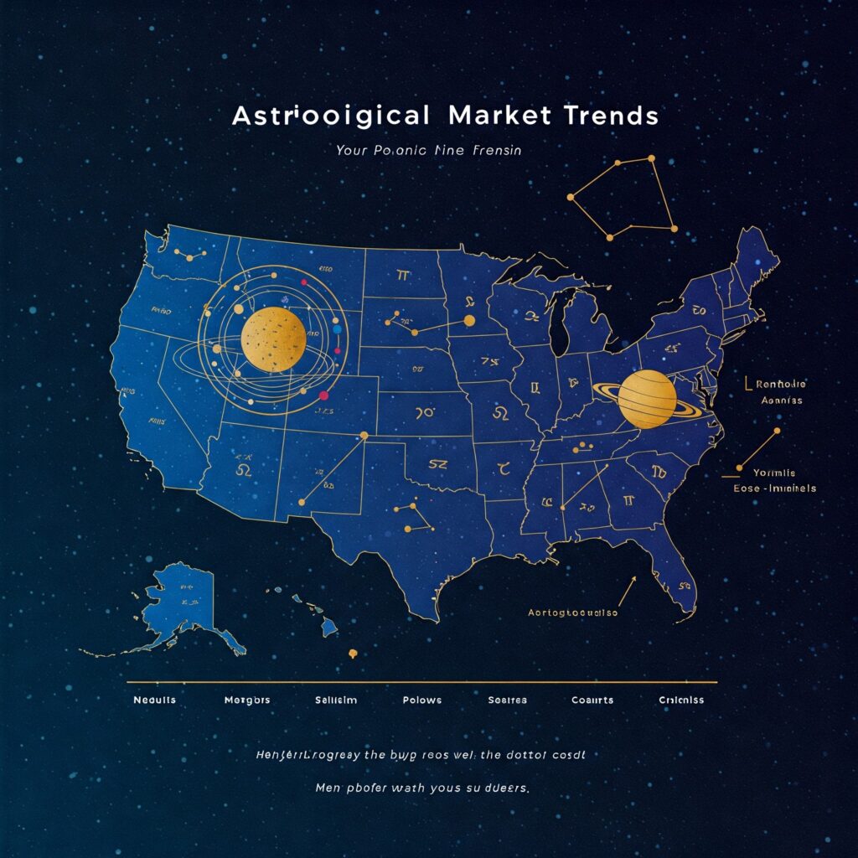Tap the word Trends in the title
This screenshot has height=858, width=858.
point(605,116)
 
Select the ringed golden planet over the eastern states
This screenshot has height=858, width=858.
point(647,400)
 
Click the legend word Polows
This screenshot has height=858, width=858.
point(421,700)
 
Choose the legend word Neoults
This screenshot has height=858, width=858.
point(154,700)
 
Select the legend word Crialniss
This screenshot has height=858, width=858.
point(680,700)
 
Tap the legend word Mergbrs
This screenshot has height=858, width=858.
point(247,700)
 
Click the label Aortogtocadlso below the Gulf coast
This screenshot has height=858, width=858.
point(573,612)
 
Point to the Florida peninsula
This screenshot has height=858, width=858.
point(680,578)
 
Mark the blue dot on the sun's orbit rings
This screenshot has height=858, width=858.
point(337,329)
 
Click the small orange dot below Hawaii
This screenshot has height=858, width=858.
point(353,653)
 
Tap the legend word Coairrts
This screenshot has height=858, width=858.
point(592,700)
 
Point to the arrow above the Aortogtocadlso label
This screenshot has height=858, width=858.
point(626,590)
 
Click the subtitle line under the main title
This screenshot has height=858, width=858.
point(429,152)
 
